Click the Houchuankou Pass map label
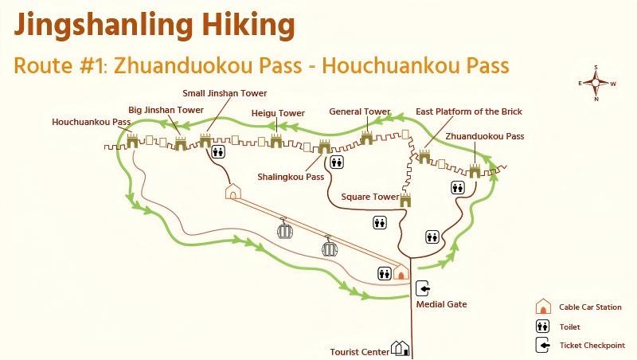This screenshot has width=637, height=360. [91, 123]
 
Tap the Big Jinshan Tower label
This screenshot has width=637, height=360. [166, 109]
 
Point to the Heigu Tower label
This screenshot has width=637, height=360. [278, 113]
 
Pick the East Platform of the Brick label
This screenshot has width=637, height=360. [469, 112]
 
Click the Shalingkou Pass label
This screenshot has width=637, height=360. [291, 177]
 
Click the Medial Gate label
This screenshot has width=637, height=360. [441, 303]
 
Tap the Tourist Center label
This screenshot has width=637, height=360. [360, 350]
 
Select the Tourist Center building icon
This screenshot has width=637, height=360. [401, 348]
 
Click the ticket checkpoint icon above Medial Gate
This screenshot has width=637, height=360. [422, 288]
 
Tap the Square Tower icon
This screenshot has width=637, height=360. [405, 199]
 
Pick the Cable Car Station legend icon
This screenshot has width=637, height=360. [543, 307]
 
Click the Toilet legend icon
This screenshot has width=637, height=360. [543, 327]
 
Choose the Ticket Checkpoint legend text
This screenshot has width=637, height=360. [592, 346]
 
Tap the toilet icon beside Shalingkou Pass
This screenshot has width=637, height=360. [338, 161]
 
